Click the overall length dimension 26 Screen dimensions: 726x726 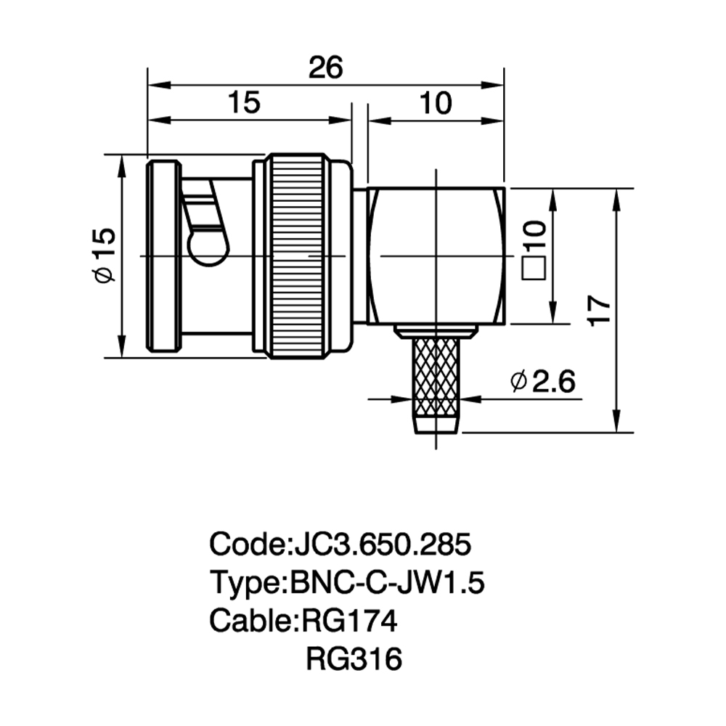[x=326, y=68]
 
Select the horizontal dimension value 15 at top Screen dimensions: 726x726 [x=245, y=102]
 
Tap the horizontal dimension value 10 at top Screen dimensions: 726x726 [x=436, y=103]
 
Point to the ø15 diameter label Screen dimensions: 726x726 [x=104, y=255]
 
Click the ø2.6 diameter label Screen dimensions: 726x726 [x=542, y=381]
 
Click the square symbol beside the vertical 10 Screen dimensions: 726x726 [x=534, y=268]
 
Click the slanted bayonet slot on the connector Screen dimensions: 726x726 [x=208, y=223]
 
